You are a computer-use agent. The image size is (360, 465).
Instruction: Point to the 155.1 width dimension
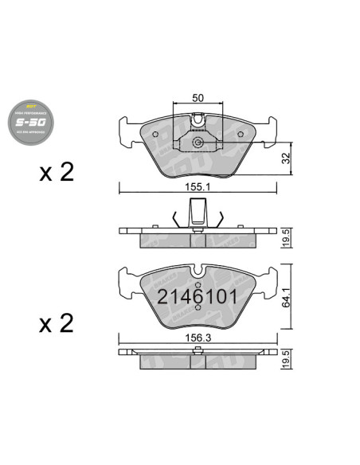click(x=198, y=187)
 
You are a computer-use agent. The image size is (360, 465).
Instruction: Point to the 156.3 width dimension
click(x=198, y=338)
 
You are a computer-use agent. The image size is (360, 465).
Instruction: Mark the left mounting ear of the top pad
click(x=126, y=132)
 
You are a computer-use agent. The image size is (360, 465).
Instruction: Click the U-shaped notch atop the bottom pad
click(x=198, y=273)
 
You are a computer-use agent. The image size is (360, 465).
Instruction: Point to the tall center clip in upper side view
click(x=198, y=213)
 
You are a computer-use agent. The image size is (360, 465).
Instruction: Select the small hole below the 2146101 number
click(x=198, y=313)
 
